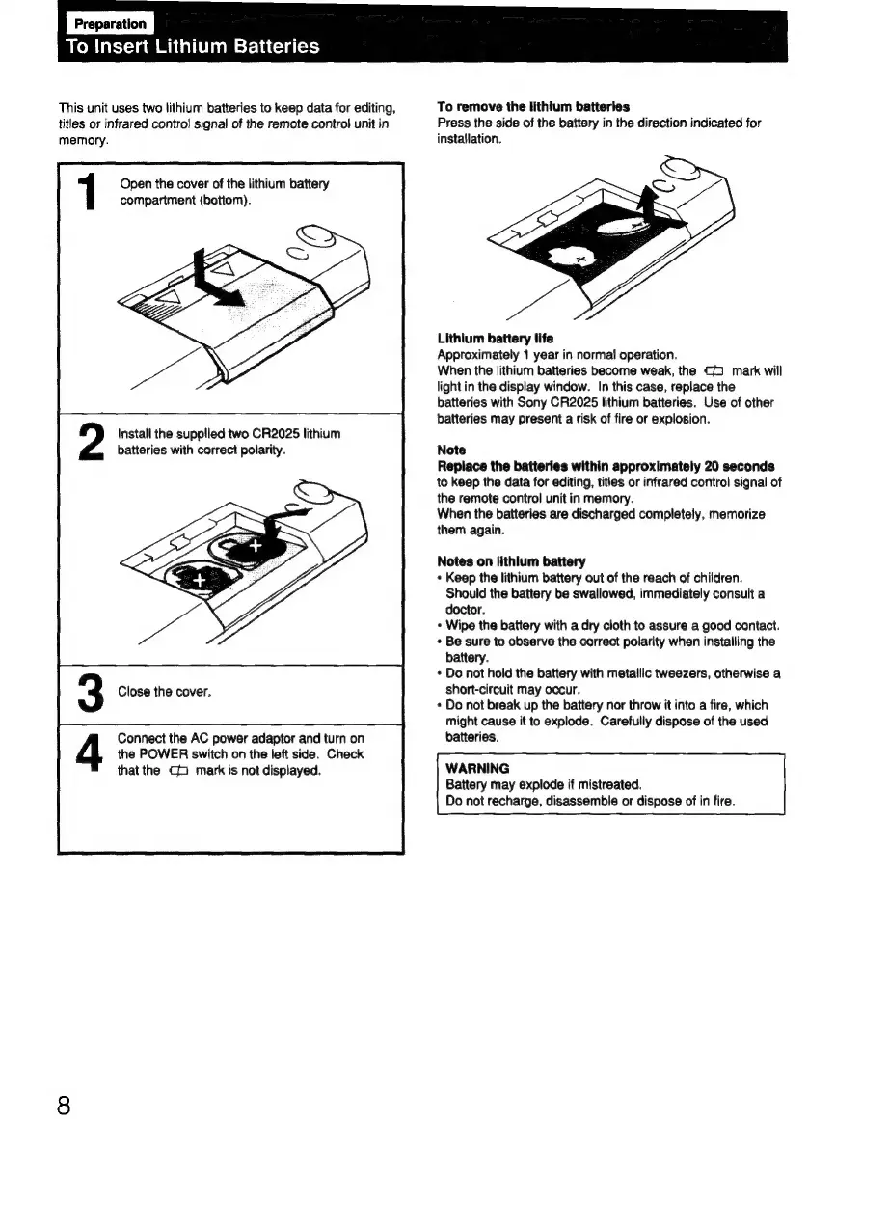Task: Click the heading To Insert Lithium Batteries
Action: click(192, 47)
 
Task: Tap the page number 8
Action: click(65, 1105)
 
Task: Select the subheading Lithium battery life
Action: click(486, 339)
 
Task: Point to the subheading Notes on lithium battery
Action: click(498, 561)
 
